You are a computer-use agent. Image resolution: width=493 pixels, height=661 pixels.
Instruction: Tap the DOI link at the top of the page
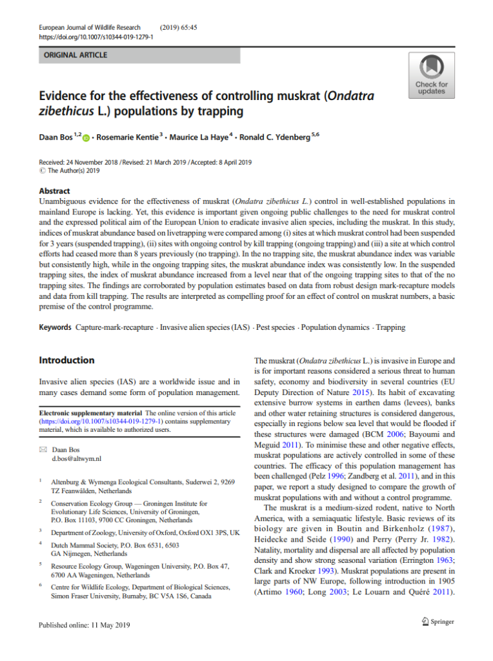[96, 37]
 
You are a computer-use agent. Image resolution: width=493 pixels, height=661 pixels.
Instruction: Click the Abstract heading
[54, 191]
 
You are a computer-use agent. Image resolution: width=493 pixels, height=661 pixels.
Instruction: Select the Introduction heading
[66, 360]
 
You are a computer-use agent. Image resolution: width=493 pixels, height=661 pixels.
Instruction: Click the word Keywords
[55, 327]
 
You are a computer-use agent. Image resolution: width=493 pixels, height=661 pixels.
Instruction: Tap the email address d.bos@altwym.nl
[77, 458]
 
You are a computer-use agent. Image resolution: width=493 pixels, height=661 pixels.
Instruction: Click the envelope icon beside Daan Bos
[42, 449]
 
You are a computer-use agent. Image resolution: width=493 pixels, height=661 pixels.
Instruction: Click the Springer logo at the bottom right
[435, 622]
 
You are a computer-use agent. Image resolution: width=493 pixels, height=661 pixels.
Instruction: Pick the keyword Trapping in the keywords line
[390, 327]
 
